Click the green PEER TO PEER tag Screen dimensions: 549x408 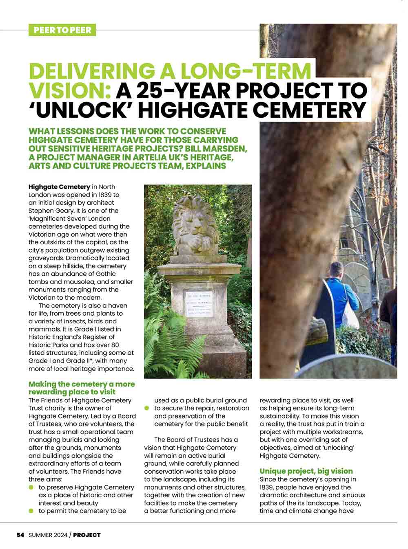[x=62, y=30]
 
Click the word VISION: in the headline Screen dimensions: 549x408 [x=70, y=90]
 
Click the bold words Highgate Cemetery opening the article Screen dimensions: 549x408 [x=59, y=187]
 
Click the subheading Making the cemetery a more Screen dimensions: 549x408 [x=82, y=384]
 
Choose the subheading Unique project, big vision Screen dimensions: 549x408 [x=306, y=471]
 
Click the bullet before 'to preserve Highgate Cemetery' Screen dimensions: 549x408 [x=31, y=488]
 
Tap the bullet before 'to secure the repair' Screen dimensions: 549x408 [x=147, y=408]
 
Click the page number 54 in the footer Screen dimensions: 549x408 [x=20, y=535]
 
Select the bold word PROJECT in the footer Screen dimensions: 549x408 [x=86, y=535]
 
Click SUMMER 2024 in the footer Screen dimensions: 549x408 [x=47, y=535]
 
